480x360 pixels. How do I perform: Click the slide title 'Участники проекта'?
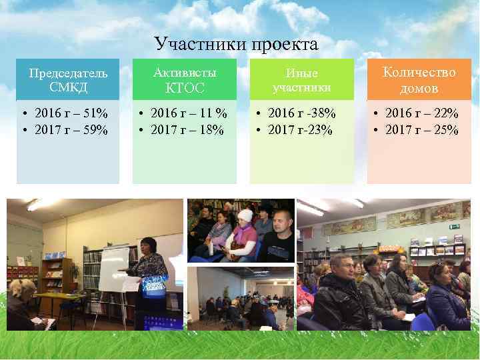[237, 44]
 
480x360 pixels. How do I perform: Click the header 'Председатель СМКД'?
[68, 79]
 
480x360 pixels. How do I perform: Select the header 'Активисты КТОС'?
[185, 79]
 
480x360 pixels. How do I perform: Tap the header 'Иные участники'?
[302, 80]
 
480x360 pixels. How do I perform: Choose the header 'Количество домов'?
[419, 79]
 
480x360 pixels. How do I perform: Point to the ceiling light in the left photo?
[33, 205]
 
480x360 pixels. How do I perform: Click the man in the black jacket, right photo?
[340, 293]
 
